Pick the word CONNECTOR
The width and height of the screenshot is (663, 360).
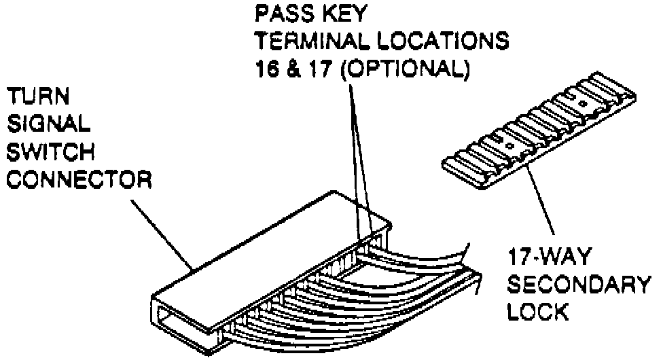pyautogui.click(x=77, y=181)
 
